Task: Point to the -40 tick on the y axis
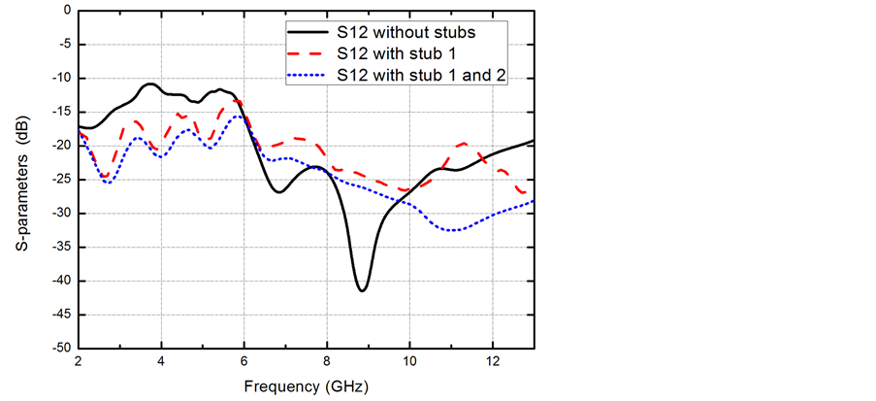tap(59, 281)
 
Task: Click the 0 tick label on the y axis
tap(66, 11)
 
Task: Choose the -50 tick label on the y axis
tap(59, 348)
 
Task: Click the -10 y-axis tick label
tap(59, 79)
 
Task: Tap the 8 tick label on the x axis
tap(327, 361)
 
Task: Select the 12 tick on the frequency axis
tap(493, 361)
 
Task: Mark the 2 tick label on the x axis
tap(78, 361)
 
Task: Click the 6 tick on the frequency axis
tap(243, 361)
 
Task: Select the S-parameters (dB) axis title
tap(20, 180)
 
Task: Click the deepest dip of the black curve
tap(362, 290)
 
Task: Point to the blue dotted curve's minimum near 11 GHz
tap(453, 230)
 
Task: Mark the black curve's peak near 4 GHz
tap(150, 84)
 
